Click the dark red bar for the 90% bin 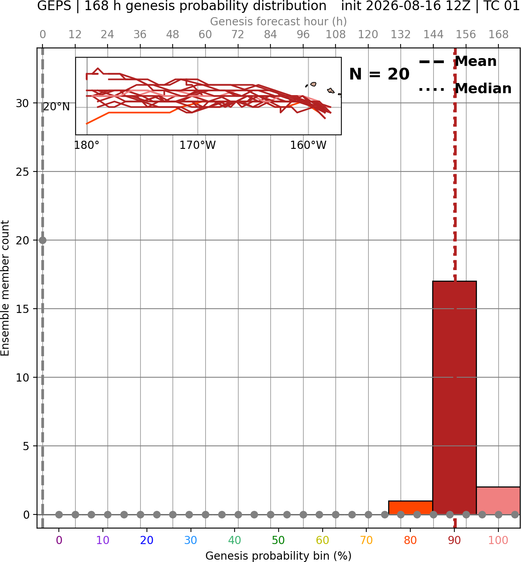(x=454, y=398)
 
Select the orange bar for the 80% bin (x=411, y=508)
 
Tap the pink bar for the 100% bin (x=498, y=501)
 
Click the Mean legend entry (x=457, y=62)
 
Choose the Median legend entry (x=465, y=88)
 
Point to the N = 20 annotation (x=379, y=74)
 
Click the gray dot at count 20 (x=42, y=240)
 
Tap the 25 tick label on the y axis (x=22, y=172)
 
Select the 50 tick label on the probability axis (x=278, y=540)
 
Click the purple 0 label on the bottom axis (x=59, y=540)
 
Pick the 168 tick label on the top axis (x=498, y=35)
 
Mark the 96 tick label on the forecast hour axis (x=303, y=35)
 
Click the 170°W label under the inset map (x=198, y=145)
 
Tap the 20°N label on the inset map (x=57, y=107)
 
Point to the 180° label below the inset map (x=87, y=145)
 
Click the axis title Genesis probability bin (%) (x=278, y=556)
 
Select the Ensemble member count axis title (x=5, y=288)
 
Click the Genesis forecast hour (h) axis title (x=278, y=21)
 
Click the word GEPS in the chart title (x=54, y=6)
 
